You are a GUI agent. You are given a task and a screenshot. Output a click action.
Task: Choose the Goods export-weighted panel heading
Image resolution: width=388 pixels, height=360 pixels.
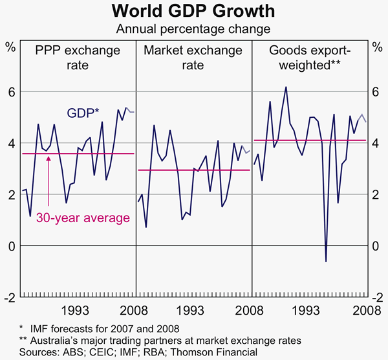(x=308, y=56)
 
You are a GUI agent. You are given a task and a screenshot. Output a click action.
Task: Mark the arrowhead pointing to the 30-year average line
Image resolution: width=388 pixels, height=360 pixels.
(x=49, y=157)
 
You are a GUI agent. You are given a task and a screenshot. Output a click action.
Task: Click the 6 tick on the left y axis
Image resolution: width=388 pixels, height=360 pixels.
(x=11, y=92)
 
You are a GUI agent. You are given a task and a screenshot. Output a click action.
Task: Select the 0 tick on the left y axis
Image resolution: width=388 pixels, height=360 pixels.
(x=11, y=247)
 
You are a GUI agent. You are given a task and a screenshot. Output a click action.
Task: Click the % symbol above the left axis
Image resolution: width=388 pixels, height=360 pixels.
(x=11, y=46)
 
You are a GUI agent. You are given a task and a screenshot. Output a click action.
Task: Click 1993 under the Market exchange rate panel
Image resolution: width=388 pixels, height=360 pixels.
(x=193, y=310)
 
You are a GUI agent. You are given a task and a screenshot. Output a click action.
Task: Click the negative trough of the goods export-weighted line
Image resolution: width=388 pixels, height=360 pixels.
(x=326, y=262)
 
